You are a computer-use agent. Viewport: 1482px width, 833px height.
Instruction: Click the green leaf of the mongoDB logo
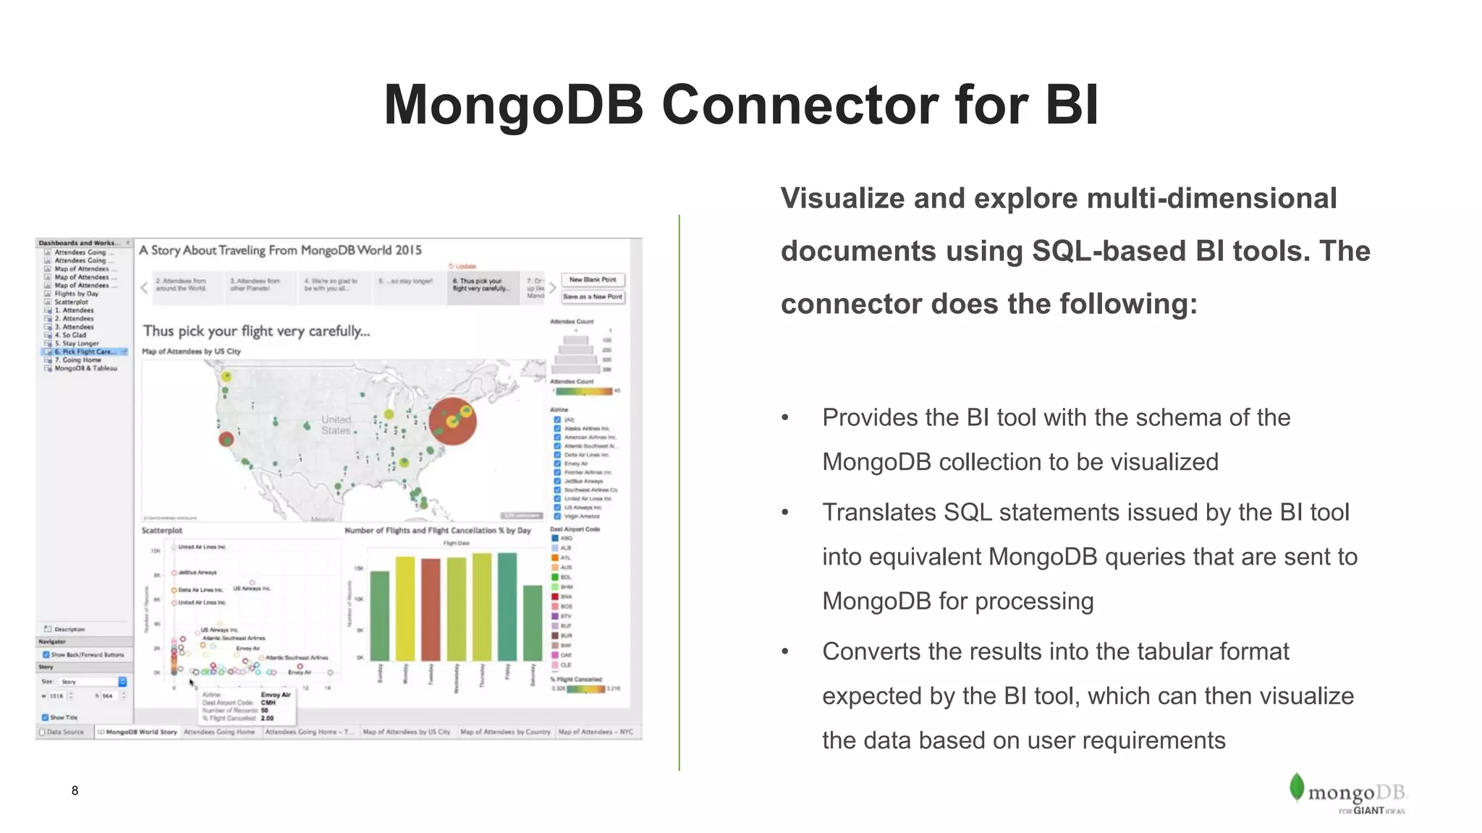pyautogui.click(x=1296, y=787)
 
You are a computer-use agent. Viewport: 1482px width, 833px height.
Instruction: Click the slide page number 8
pyautogui.click(x=75, y=790)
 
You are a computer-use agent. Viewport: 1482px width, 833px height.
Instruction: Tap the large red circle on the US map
pyautogui.click(x=452, y=422)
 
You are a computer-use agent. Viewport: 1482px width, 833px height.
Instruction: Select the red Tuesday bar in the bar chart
pyautogui.click(x=431, y=609)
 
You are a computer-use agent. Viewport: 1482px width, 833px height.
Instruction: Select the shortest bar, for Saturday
pyautogui.click(x=533, y=623)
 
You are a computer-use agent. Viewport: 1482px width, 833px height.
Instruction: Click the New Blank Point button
pyautogui.click(x=593, y=280)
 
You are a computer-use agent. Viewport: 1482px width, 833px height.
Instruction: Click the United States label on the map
pyautogui.click(x=336, y=425)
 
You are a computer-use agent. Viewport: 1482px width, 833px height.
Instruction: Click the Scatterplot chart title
pyautogui.click(x=162, y=530)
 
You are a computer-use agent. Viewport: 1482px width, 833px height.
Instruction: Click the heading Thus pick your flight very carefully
pyautogui.click(x=256, y=331)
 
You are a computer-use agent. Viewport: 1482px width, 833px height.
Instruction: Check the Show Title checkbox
pyautogui.click(x=46, y=717)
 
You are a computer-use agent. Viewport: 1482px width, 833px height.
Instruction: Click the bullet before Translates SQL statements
pyautogui.click(x=785, y=513)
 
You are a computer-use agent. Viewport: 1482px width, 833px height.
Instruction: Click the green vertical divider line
pyautogui.click(x=679, y=492)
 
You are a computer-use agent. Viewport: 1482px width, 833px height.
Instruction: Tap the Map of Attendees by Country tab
pyautogui.click(x=505, y=732)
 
